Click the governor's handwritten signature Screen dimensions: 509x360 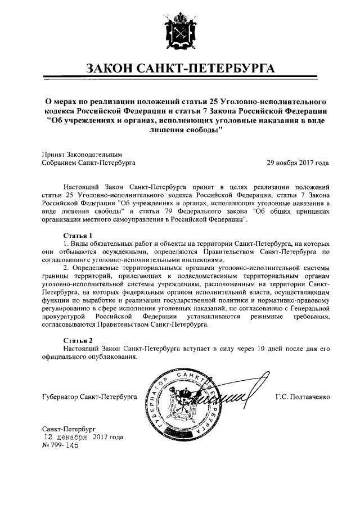(x=225, y=397)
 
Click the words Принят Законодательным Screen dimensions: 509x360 (x=82, y=154)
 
